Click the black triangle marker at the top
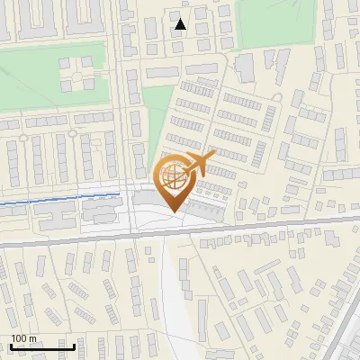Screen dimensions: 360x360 pyautogui.click(x=181, y=24)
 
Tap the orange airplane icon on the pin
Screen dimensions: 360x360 pyautogui.click(x=199, y=165)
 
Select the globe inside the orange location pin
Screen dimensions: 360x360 pyautogui.click(x=175, y=176)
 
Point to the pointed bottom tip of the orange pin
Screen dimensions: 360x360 pyautogui.click(x=175, y=211)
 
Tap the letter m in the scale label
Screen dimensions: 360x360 pyautogui.click(x=32, y=338)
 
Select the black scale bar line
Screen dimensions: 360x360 pyautogui.click(x=40, y=346)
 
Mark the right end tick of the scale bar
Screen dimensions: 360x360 pyautogui.click(x=74, y=346)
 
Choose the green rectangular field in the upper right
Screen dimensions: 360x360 pyautogui.click(x=274, y=22)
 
